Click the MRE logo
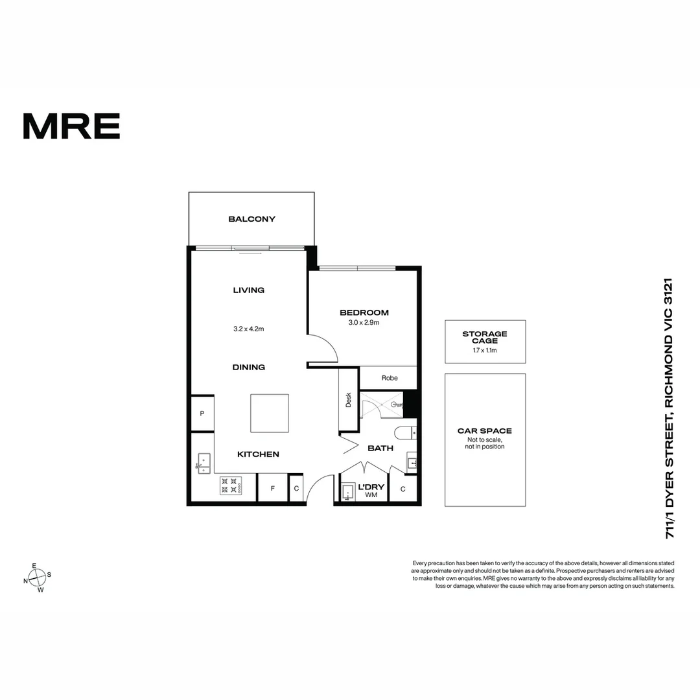(71, 126)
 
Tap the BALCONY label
(251, 219)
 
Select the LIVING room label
(249, 290)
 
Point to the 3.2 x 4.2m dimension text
(249, 329)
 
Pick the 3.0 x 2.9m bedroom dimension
(364, 322)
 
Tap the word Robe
(389, 378)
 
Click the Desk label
(348, 400)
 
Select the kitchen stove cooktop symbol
(231, 485)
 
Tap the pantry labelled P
(202, 413)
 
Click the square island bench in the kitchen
(270, 413)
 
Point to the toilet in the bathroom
(406, 432)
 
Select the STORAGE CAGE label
(485, 337)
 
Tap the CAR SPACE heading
(485, 430)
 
